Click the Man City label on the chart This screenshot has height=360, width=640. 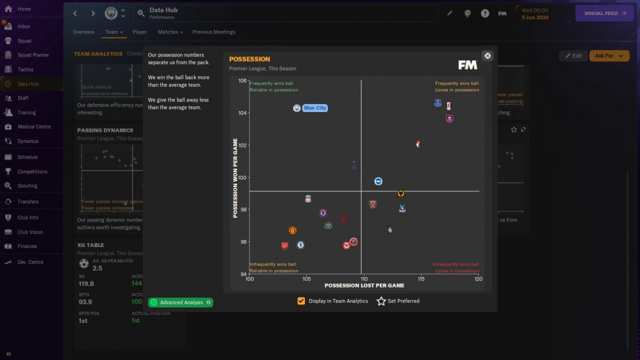click(315, 108)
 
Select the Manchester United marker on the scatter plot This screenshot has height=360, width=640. click(292, 230)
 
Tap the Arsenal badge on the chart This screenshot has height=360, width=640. click(284, 245)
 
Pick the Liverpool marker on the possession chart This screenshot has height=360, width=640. click(308, 199)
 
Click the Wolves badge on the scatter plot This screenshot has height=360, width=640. click(400, 193)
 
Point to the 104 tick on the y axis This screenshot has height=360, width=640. click(242, 113)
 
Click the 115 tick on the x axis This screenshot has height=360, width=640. click(421, 279)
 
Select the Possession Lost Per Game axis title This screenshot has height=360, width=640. click(364, 285)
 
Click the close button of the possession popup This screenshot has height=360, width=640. click(487, 55)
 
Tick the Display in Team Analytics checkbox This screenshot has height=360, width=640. click(301, 301)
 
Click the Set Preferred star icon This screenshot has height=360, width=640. click(381, 301)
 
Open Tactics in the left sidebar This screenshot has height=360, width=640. click(25, 69)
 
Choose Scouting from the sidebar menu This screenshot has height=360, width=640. click(27, 185)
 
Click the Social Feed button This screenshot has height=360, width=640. click(604, 13)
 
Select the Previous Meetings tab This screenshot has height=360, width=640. click(213, 32)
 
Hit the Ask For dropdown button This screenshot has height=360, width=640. click(609, 56)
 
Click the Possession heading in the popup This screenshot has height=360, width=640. click(249, 59)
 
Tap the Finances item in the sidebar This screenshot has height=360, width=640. click(27, 246)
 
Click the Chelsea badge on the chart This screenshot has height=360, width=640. click(300, 245)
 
